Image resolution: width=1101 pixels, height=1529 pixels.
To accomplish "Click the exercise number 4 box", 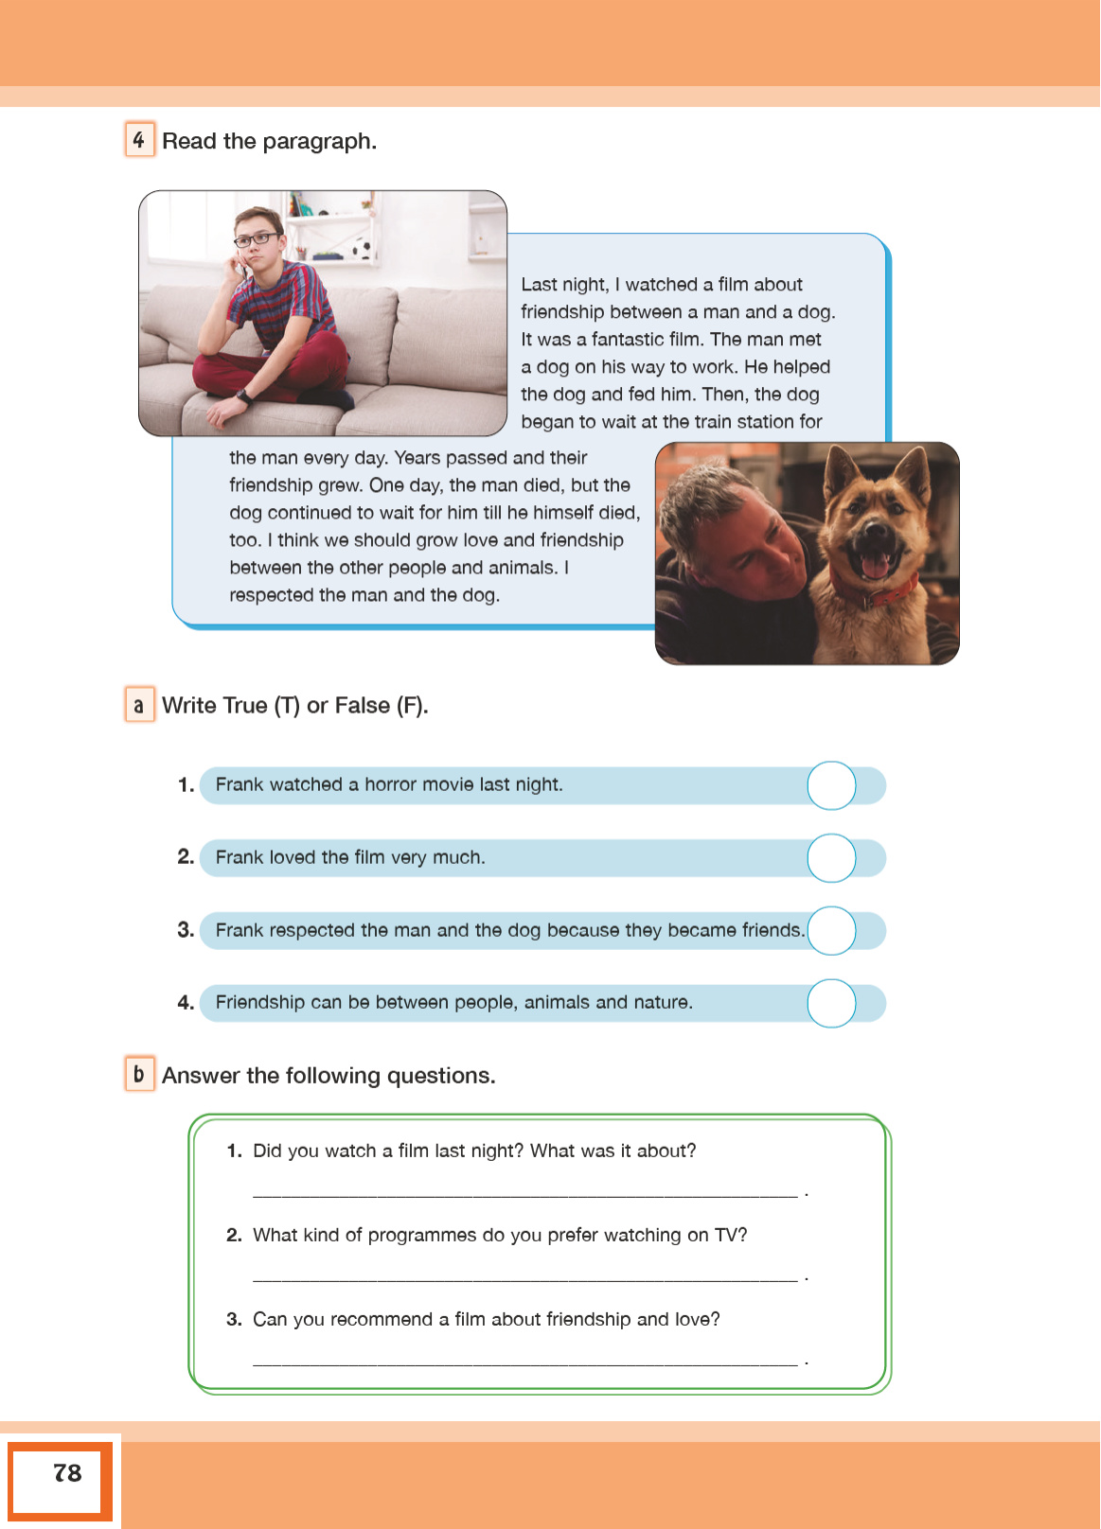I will pyautogui.click(x=139, y=140).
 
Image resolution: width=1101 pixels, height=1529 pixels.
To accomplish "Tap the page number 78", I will pyautogui.click(x=67, y=1473).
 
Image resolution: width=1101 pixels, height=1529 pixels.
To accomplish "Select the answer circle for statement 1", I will pyautogui.click(x=831, y=785).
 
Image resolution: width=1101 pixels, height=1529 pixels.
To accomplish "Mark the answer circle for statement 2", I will pyautogui.click(x=831, y=858).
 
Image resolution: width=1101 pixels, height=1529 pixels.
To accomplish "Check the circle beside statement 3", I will pyautogui.click(x=831, y=930).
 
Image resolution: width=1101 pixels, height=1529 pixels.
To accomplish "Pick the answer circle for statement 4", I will pyautogui.click(x=831, y=1003).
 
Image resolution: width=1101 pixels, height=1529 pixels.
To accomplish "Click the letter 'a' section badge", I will pyautogui.click(x=139, y=705).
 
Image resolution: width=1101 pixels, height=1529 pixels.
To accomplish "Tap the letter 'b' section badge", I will pyautogui.click(x=139, y=1074).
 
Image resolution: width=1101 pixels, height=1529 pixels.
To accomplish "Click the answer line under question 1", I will pyautogui.click(x=525, y=1195).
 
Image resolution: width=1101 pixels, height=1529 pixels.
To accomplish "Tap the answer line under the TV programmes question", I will pyautogui.click(x=525, y=1279).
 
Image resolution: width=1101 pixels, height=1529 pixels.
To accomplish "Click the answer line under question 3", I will pyautogui.click(x=525, y=1363).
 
